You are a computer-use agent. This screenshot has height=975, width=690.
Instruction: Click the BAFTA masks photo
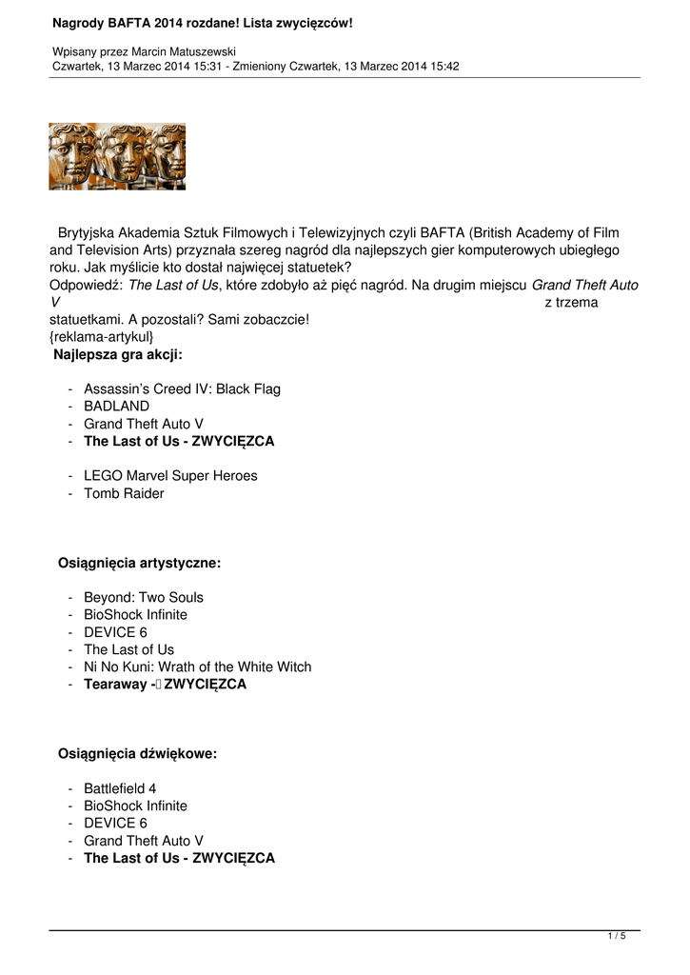(x=117, y=156)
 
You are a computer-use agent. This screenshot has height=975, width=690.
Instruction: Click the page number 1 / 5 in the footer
(x=617, y=937)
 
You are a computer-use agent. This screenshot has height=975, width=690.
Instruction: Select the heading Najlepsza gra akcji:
(x=118, y=354)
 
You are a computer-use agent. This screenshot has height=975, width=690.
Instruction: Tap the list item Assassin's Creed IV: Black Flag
(x=182, y=388)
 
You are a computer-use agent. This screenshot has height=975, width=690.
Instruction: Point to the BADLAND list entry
(x=116, y=406)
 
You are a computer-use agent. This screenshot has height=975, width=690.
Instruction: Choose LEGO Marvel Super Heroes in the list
(x=170, y=475)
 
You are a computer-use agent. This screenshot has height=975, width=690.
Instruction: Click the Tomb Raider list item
(x=124, y=493)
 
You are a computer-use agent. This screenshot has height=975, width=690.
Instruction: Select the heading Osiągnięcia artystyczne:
(x=140, y=563)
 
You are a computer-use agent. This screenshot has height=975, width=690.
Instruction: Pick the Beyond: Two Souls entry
(x=144, y=597)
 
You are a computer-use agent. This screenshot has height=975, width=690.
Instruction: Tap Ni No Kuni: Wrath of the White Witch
(x=197, y=667)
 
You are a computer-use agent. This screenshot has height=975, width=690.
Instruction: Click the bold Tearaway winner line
(x=165, y=685)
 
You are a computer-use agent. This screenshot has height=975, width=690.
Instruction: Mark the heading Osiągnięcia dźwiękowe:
(x=138, y=753)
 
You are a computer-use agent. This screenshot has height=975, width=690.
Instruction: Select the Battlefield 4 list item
(x=120, y=788)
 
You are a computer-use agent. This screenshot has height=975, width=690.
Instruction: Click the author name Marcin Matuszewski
(x=188, y=50)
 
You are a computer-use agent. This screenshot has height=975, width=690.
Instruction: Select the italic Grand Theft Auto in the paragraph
(x=584, y=285)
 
